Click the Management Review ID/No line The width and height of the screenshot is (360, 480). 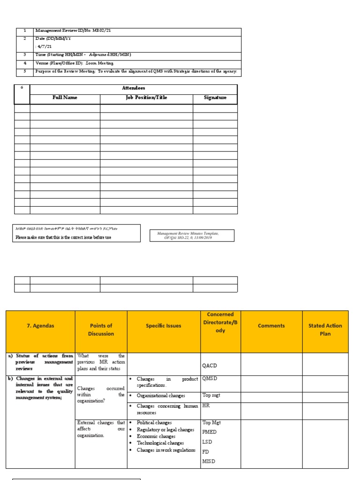tap(73, 31)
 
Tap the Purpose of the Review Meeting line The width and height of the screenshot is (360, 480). tap(136, 72)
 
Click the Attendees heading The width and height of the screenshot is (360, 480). tap(134, 88)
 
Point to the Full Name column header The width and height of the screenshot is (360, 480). tap(65, 98)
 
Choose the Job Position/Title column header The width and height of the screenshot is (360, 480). tap(146, 98)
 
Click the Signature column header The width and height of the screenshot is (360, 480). tap(215, 98)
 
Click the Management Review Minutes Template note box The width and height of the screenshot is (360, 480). tap(192, 235)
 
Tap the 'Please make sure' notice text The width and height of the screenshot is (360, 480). tap(64, 237)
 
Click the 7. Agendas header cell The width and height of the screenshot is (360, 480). tap(40, 326)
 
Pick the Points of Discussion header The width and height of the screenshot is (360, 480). tap(101, 330)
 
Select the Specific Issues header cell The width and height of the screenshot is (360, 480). tap(163, 326)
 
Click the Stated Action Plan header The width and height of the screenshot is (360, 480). tap(325, 330)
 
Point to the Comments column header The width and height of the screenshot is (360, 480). tap(271, 326)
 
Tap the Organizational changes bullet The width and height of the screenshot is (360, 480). tap(161, 396)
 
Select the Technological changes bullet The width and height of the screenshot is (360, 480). tap(160, 443)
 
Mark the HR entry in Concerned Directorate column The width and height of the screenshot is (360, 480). tap(206, 405)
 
